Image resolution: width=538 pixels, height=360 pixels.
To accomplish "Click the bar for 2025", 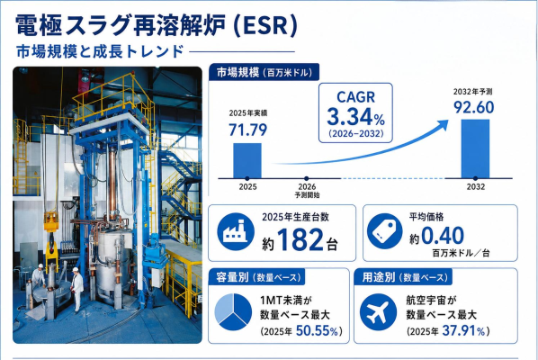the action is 247,160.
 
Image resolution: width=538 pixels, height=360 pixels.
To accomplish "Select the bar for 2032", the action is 475,148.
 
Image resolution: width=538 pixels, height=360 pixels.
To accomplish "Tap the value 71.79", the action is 247,130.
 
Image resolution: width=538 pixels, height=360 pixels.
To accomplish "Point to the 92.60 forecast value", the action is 474,107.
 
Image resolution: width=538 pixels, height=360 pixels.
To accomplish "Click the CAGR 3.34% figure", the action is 355,117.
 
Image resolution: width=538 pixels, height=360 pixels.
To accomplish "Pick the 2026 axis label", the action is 307,187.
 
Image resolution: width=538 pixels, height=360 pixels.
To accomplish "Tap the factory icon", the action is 236,231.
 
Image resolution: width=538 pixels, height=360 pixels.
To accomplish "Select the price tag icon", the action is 384,230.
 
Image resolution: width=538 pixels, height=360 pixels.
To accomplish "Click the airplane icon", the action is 378,312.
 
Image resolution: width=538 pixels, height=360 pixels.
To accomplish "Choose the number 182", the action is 300,239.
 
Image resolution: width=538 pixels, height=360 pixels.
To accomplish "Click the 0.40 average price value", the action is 443,236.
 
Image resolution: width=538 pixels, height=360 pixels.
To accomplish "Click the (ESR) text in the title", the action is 265,25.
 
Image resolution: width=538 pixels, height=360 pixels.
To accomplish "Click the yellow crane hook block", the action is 51,240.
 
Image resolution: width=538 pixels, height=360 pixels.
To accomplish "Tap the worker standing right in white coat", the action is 77,289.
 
